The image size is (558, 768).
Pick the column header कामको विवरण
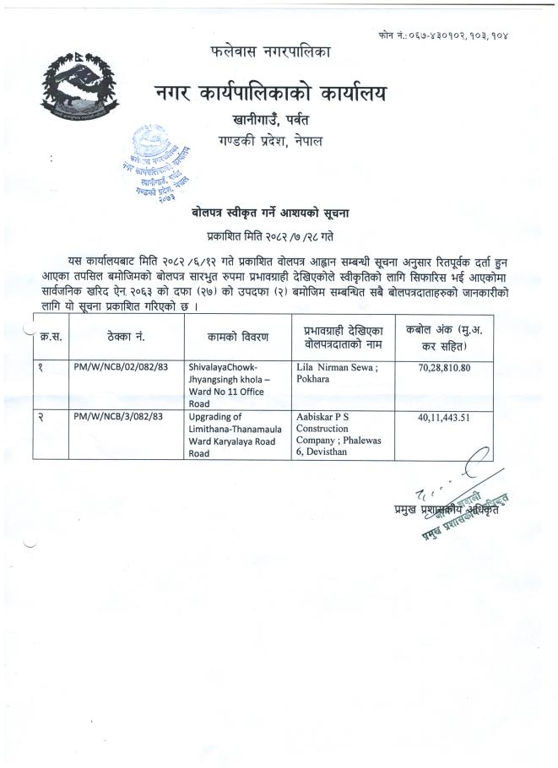(x=237, y=337)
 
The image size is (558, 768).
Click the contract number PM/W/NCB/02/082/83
(x=118, y=367)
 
